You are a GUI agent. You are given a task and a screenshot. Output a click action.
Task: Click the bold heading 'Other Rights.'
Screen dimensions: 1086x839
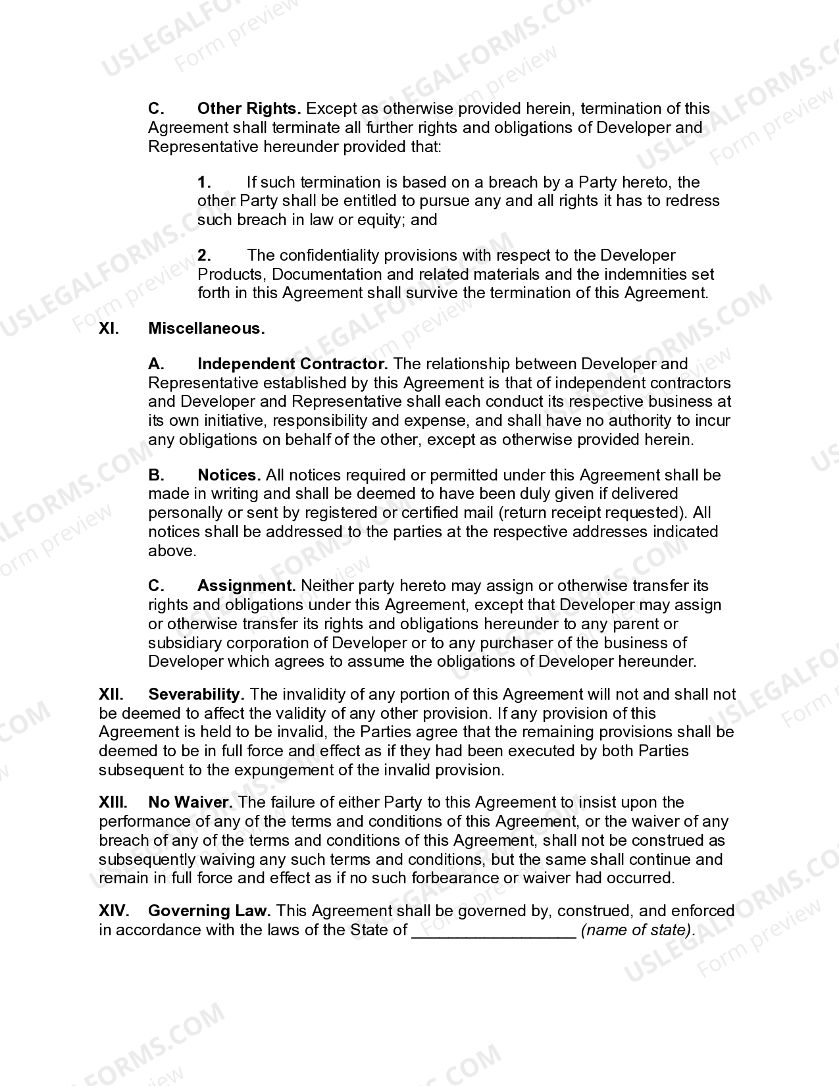point(249,109)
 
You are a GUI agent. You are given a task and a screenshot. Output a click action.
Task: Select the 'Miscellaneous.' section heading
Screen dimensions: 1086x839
point(207,328)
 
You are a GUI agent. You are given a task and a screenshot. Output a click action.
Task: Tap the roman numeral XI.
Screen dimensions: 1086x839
point(109,328)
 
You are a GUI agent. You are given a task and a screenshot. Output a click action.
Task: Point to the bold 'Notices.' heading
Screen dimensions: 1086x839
point(229,475)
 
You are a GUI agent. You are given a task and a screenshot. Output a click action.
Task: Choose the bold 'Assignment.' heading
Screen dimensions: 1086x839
point(246,586)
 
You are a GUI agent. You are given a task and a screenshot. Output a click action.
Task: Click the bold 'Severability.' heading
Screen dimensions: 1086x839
point(197,694)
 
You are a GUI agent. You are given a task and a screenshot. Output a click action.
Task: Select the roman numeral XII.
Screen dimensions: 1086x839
point(111,694)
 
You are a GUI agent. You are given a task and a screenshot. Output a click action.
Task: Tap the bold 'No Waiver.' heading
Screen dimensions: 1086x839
point(190,802)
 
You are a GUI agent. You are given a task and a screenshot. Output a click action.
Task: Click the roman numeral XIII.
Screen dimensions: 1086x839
point(113,802)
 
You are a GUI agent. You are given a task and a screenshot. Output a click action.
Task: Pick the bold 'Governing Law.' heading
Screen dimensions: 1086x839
point(209,911)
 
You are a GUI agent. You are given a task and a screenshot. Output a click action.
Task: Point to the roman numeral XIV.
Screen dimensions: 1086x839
point(114,911)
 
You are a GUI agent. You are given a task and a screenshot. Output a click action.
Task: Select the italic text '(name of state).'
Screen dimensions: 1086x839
point(638,930)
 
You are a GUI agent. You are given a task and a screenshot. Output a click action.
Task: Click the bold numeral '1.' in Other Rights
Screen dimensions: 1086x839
point(204,182)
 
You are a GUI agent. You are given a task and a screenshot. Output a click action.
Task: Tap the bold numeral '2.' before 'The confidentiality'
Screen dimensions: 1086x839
point(204,255)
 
